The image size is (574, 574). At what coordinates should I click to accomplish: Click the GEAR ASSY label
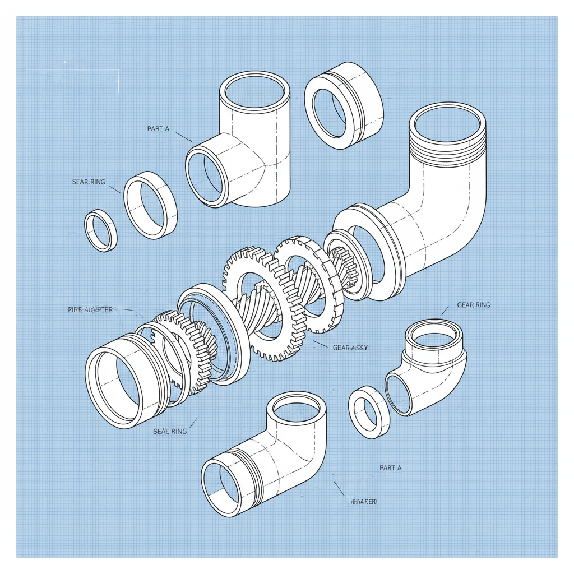[x=350, y=348]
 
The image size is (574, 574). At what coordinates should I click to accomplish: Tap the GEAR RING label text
[x=473, y=305]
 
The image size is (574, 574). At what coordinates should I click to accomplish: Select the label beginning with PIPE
[x=90, y=310]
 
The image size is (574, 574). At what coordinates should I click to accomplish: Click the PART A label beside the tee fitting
[x=158, y=129]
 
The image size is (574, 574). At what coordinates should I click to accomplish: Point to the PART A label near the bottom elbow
[x=390, y=467]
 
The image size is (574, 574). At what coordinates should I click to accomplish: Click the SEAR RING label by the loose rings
[x=89, y=182]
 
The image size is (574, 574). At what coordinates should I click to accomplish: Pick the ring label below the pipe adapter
[x=170, y=432]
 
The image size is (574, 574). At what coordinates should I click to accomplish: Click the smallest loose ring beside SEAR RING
[x=101, y=230]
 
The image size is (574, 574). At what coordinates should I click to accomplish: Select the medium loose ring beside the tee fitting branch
[x=150, y=205]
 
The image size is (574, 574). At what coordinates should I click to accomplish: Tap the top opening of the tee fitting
[x=255, y=91]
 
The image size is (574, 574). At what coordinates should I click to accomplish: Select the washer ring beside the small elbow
[x=369, y=412]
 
